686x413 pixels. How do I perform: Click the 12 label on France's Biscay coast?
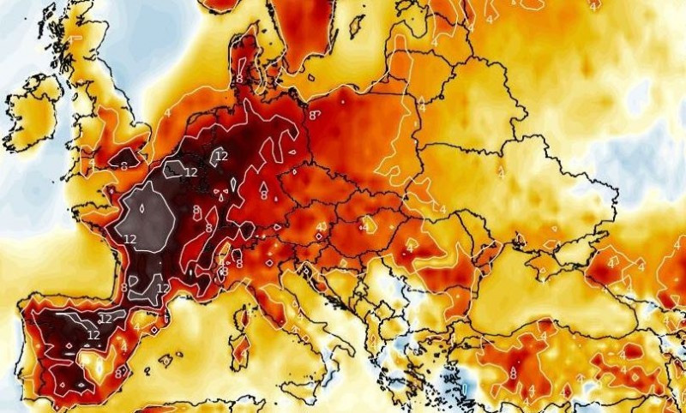pyautogui.click(x=130, y=238)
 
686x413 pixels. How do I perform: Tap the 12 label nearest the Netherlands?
pyautogui.click(x=221, y=156)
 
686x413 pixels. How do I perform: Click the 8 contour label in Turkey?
pyautogui.click(x=513, y=374)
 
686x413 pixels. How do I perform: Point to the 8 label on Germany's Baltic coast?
pyautogui.click(x=314, y=114)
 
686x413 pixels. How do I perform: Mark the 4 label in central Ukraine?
pyautogui.click(x=500, y=173)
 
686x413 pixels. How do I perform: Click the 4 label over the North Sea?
pyautogui.click(x=167, y=111)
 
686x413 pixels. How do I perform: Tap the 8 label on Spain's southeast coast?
pyautogui.click(x=120, y=372)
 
